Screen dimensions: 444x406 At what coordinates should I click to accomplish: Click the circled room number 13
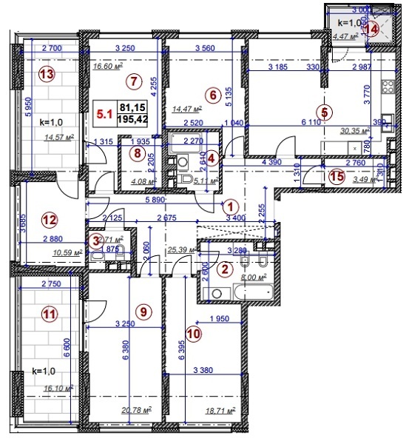click(x=47, y=74)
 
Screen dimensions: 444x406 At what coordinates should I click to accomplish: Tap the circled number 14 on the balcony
click(x=372, y=30)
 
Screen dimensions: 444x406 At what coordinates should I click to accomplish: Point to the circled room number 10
click(x=193, y=334)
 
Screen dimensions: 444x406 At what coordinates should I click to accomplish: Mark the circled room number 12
click(x=48, y=219)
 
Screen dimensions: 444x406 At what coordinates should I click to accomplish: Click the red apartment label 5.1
click(x=105, y=114)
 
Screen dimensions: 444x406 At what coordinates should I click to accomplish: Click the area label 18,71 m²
click(x=220, y=409)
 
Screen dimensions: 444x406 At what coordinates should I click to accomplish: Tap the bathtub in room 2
click(x=232, y=294)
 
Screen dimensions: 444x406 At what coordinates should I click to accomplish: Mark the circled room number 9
click(x=144, y=312)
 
